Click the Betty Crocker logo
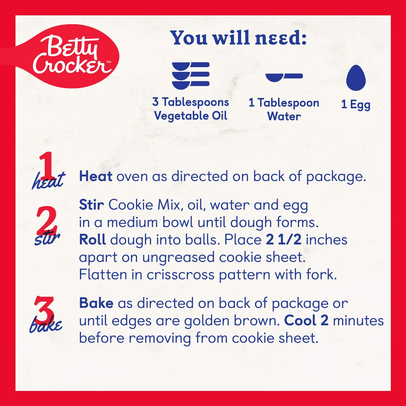pyautogui.click(x=63, y=56)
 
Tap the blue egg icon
pyautogui.click(x=356, y=78)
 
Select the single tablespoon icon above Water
pyautogui.click(x=284, y=77)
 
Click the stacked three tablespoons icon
pyautogui.click(x=191, y=76)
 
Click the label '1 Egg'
pyautogui.click(x=356, y=105)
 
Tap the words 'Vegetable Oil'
pyautogui.click(x=191, y=116)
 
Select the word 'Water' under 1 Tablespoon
pyautogui.click(x=284, y=116)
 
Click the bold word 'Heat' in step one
pyautogui.click(x=96, y=176)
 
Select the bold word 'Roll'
pyautogui.click(x=92, y=240)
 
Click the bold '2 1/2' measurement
pyautogui.click(x=283, y=240)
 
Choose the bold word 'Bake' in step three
pyautogui.click(x=96, y=303)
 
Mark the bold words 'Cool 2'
pyautogui.click(x=306, y=321)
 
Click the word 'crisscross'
pyautogui.click(x=181, y=275)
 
